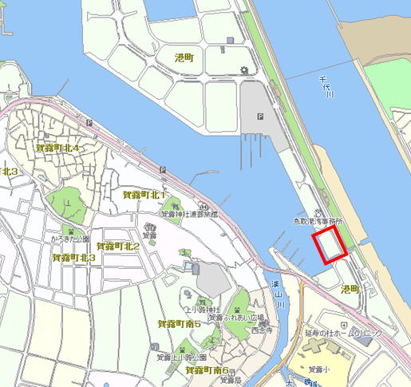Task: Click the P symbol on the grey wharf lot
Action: tap(260, 116)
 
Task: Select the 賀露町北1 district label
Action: tap(144, 195)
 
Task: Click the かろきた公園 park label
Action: tap(69, 239)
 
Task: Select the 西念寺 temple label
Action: tap(260, 329)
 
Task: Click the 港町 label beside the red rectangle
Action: tap(350, 288)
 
